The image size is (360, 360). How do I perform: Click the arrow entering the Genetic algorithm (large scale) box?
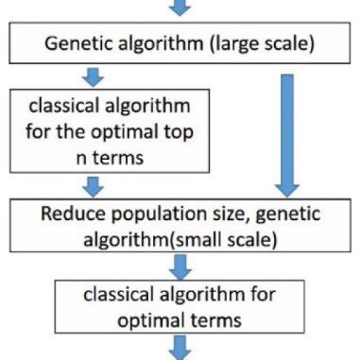point(180,8)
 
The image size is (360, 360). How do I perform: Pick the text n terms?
point(92,157)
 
